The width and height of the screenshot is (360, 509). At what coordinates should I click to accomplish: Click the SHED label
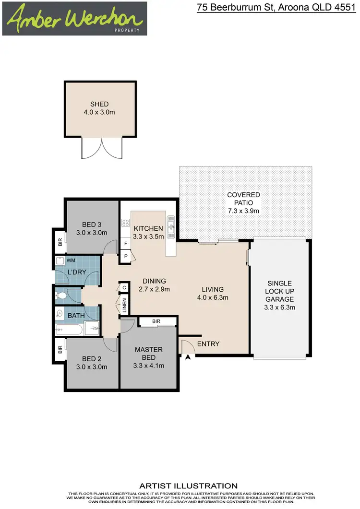pyautogui.click(x=99, y=104)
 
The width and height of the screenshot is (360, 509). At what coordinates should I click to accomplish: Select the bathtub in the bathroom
pyautogui.click(x=69, y=329)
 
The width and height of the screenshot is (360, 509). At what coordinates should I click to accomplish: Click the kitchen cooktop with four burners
pyautogui.click(x=125, y=223)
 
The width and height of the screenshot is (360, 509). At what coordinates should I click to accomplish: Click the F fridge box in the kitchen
pyautogui.click(x=125, y=244)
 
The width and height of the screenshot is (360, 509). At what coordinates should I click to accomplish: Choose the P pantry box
pyautogui.click(x=125, y=256)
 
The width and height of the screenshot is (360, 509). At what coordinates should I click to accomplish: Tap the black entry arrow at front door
pyautogui.click(x=188, y=356)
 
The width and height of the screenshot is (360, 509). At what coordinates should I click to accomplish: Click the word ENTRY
pyautogui.click(x=208, y=344)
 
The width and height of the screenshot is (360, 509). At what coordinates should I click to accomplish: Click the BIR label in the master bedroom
pyautogui.click(x=156, y=320)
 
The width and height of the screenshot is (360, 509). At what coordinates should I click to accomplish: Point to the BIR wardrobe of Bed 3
pyautogui.click(x=60, y=243)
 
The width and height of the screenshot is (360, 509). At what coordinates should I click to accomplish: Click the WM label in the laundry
pyautogui.click(x=71, y=260)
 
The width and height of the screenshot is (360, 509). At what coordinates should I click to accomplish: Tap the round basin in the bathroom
pyautogui.click(x=60, y=313)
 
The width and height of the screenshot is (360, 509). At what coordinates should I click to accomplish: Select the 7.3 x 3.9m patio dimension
pyautogui.click(x=243, y=211)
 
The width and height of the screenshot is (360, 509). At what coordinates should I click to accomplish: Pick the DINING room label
pyautogui.click(x=154, y=281)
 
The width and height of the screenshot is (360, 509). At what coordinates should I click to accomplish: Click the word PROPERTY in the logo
pyautogui.click(x=127, y=30)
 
